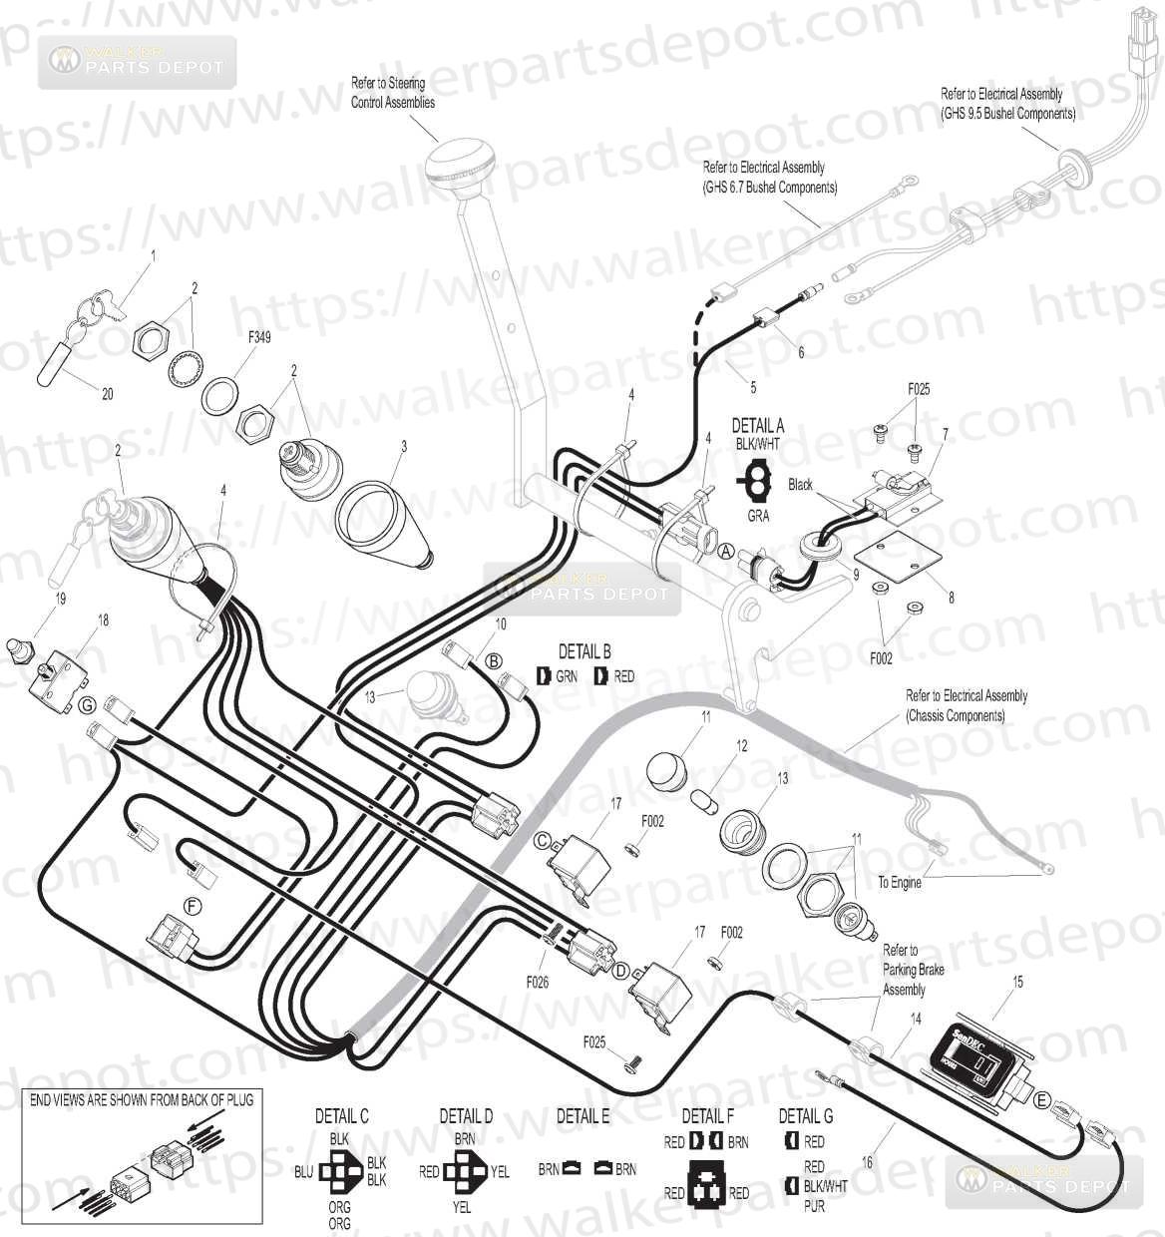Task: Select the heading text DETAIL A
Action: coord(758,425)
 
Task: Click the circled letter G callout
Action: coord(88,705)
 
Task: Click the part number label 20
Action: coord(107,395)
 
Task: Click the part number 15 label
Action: coord(1017,983)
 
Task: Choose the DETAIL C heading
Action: coord(342,1117)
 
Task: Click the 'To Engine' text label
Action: coord(900,882)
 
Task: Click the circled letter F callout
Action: coord(194,905)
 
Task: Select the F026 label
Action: coord(541,982)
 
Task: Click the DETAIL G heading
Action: coord(806,1115)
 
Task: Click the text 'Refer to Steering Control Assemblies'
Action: coord(393,92)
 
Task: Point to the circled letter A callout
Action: coord(726,550)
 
